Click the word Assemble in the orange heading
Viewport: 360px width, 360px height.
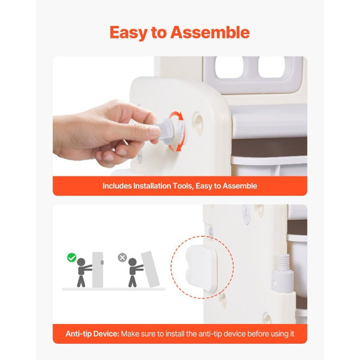[x=210, y=32]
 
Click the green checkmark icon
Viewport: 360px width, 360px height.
[x=71, y=257]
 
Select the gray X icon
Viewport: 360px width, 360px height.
[x=122, y=257]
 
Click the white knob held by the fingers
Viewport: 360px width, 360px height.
[x=166, y=132]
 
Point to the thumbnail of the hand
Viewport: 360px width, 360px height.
[x=154, y=131]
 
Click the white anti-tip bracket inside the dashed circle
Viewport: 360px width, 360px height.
[x=201, y=267]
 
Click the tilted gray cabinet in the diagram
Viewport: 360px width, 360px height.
[x=150, y=269]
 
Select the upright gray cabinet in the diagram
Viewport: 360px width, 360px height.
[x=98, y=270]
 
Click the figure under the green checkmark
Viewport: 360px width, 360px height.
[x=83, y=272]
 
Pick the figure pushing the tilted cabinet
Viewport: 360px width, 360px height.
[x=134, y=272]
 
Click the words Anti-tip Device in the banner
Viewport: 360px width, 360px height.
[x=92, y=334]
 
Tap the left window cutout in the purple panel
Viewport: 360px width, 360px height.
[x=229, y=67]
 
